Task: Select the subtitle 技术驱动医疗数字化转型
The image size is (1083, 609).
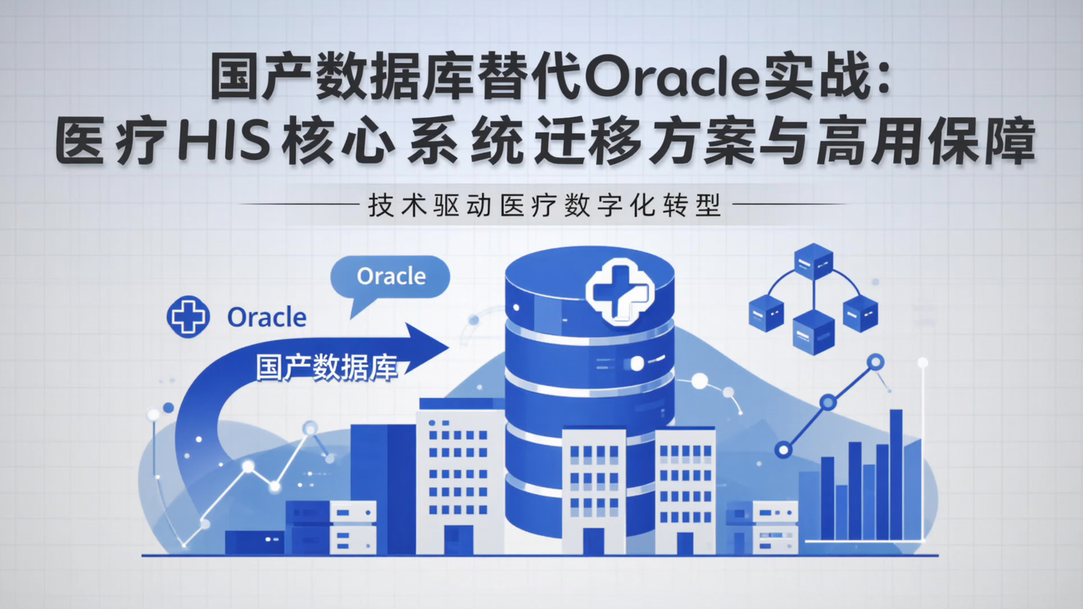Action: tap(545, 206)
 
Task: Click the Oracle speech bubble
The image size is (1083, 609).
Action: tap(390, 277)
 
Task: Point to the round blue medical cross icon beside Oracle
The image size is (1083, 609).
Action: tap(187, 317)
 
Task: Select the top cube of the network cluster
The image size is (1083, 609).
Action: tap(813, 260)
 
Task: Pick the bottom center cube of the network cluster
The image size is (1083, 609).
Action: tap(813, 330)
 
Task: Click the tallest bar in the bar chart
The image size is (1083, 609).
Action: tap(896, 474)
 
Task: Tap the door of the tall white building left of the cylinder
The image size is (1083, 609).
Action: tap(458, 539)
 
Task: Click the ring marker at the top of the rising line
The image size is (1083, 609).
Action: tap(875, 362)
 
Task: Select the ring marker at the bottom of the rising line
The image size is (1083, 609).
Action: tap(784, 450)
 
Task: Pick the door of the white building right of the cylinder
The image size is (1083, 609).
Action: tap(685, 543)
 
